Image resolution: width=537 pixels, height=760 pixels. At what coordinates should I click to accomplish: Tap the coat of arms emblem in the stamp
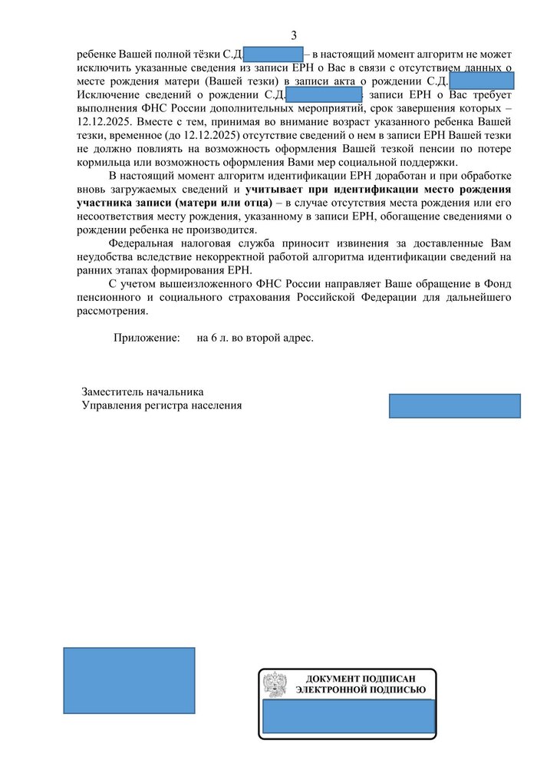275,683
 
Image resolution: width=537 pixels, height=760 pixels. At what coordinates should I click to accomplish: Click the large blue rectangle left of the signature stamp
129,680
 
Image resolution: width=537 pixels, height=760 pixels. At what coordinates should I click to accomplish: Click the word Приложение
147,338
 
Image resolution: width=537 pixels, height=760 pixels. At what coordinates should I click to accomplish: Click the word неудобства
106,257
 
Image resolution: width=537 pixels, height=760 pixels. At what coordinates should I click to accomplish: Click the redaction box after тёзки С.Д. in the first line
273,55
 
